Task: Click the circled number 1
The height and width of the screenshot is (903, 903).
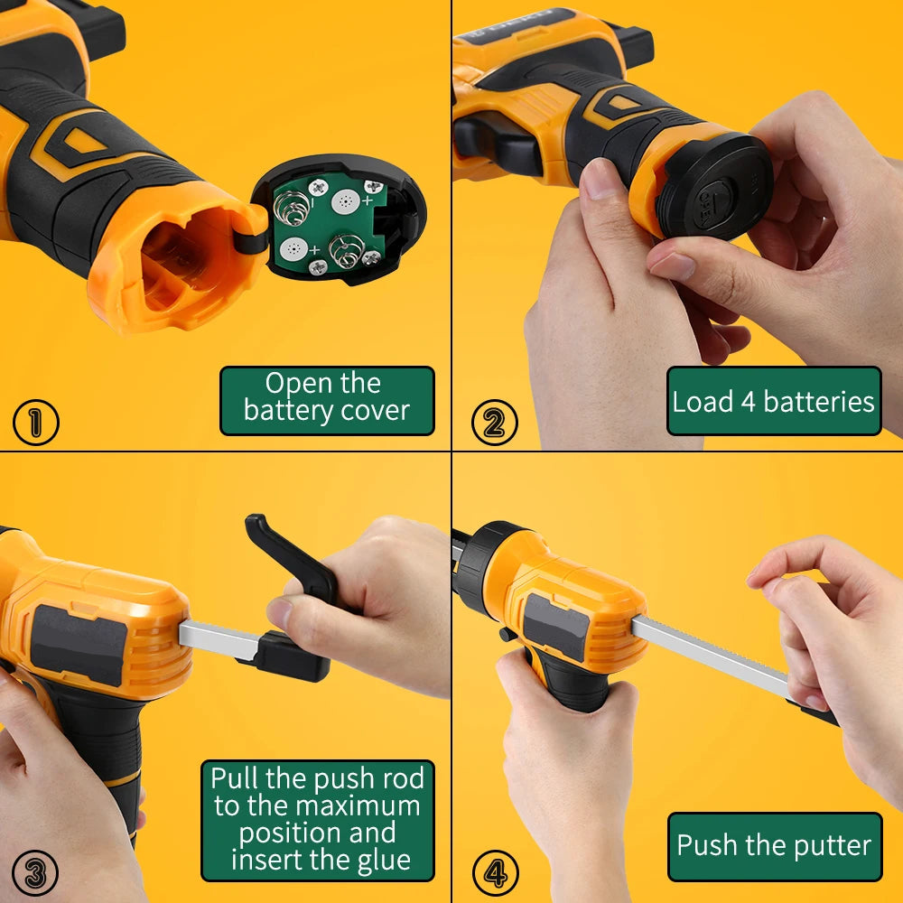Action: tap(35, 423)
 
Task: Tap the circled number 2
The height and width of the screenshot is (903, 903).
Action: tap(494, 423)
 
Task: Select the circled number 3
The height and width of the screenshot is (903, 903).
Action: tap(35, 873)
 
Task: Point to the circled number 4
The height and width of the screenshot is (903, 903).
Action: tap(496, 873)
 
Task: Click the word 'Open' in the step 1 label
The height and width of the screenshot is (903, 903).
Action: tap(299, 384)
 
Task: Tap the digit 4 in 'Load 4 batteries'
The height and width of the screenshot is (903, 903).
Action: tap(748, 402)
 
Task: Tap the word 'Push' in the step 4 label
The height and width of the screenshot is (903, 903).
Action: tap(708, 846)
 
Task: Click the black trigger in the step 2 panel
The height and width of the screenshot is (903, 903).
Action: tap(497, 144)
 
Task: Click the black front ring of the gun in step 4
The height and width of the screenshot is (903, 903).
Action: tap(476, 564)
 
